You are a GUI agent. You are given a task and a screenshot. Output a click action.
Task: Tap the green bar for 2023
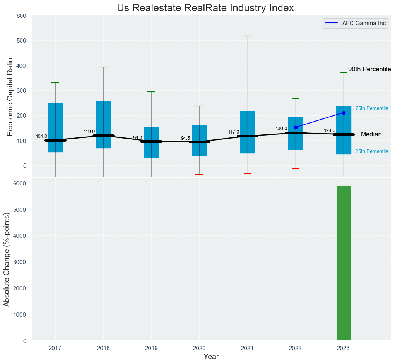(344, 263)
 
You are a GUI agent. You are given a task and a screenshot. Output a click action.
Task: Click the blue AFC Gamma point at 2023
(344, 113)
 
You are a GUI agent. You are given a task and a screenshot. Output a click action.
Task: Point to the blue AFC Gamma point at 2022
(296, 127)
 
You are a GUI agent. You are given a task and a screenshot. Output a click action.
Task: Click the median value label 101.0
(41, 136)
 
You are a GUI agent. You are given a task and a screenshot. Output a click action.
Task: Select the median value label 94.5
(185, 138)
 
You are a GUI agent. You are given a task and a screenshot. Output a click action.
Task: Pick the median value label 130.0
(281, 129)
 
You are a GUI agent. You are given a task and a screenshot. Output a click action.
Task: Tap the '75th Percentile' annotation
(372, 108)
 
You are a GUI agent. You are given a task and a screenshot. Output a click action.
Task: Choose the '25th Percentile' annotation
(372, 151)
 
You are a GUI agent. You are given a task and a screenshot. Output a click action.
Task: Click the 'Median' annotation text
(371, 134)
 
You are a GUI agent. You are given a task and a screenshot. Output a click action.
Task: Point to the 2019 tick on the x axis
(151, 349)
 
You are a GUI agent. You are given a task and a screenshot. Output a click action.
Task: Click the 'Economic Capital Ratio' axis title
(10, 96)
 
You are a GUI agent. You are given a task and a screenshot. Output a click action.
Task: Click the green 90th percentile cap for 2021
(248, 36)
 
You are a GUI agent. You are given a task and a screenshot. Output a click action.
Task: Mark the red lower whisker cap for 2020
(199, 175)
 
